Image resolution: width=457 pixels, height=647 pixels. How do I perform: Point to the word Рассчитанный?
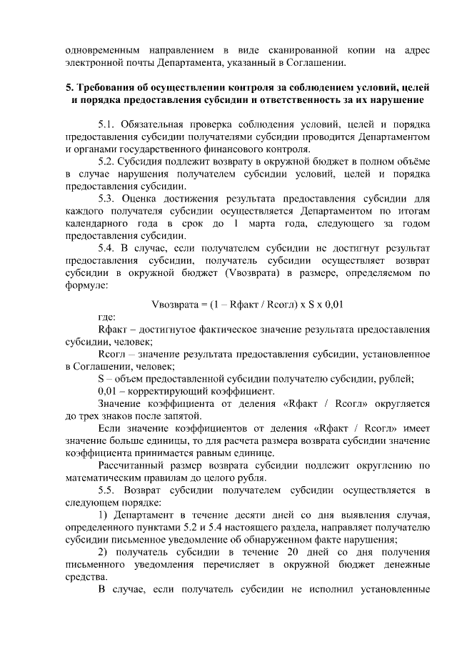click(x=133, y=465)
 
